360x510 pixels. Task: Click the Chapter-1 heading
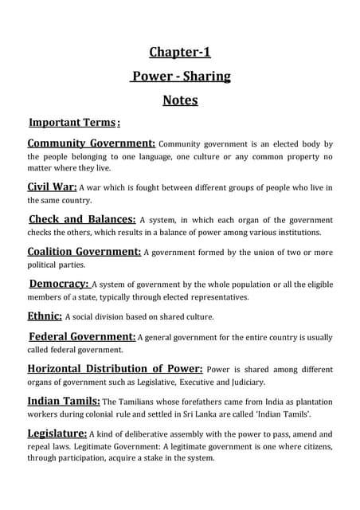pyautogui.click(x=180, y=53)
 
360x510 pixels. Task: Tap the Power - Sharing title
pyautogui.click(x=181, y=76)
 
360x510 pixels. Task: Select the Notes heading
pyautogui.click(x=180, y=100)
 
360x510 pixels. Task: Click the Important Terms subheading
pyautogui.click(x=73, y=123)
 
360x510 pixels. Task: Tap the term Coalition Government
pyautogui.click(x=84, y=251)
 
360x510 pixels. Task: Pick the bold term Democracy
pyautogui.click(x=58, y=283)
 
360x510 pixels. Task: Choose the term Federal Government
pyautogui.click(x=82, y=336)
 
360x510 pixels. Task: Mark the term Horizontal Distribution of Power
pyautogui.click(x=115, y=369)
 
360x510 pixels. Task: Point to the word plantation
pyautogui.click(x=310, y=402)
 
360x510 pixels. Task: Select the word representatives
pyautogui.click(x=213, y=296)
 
